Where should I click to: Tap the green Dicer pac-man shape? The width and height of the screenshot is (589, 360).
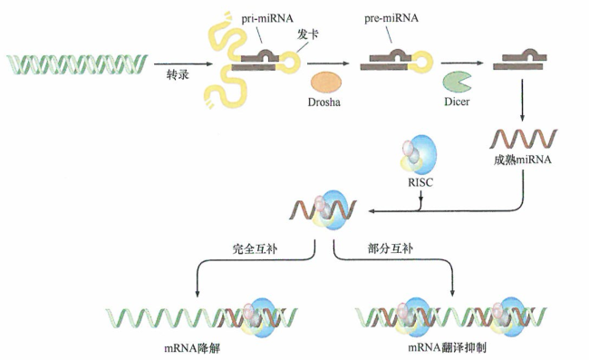coord(456,83)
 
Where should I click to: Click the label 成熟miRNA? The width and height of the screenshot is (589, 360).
coord(519,158)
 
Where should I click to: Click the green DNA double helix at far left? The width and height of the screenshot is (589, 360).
coord(76,65)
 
